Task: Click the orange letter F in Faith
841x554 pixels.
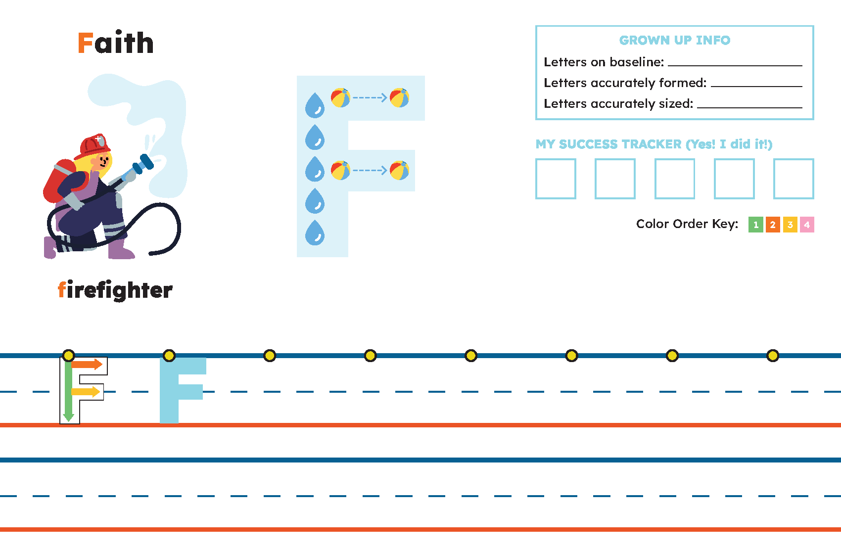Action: click(x=85, y=43)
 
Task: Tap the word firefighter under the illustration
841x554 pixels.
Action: click(x=115, y=290)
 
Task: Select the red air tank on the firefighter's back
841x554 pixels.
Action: click(x=60, y=180)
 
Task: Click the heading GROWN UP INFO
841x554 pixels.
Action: click(x=675, y=40)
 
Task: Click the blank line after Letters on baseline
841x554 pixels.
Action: click(x=735, y=66)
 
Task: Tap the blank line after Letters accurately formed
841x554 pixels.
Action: click(x=756, y=87)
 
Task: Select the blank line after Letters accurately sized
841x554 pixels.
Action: click(x=749, y=107)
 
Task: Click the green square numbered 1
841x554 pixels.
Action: click(x=756, y=225)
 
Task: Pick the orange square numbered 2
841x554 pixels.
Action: click(x=773, y=225)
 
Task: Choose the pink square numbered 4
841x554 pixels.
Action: click(x=807, y=225)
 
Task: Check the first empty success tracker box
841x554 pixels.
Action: click(x=556, y=179)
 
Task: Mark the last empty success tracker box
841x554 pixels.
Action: click(x=794, y=179)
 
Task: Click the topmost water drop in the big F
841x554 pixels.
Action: click(x=315, y=105)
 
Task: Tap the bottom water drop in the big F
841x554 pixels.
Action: click(x=315, y=232)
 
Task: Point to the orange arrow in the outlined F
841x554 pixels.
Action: click(x=87, y=364)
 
